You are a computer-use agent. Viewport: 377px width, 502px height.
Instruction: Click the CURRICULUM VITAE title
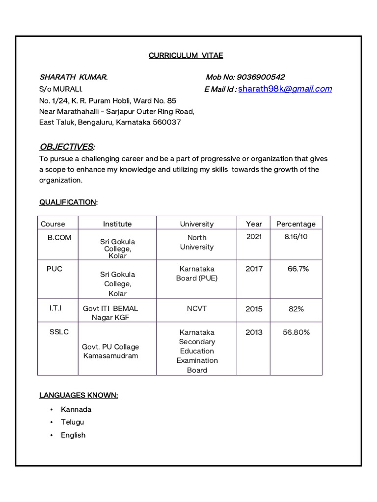coord(186,55)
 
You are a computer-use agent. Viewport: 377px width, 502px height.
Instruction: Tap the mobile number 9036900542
coord(261,77)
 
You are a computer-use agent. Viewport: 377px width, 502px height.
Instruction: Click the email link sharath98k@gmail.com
coord(285,89)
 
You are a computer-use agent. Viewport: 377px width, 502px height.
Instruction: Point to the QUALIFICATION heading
coord(68,202)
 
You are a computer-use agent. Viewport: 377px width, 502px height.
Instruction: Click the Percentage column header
coord(296,224)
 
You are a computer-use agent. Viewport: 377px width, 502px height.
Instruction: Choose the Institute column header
coord(117,224)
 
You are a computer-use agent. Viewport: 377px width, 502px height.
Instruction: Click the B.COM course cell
coord(59,237)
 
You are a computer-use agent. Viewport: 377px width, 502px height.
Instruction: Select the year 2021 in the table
coord(254,237)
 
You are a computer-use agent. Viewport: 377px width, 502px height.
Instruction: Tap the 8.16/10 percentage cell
coord(296,237)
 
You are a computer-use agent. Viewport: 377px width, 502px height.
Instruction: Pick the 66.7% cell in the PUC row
coord(298,269)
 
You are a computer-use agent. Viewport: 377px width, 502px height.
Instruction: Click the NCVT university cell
coord(197,308)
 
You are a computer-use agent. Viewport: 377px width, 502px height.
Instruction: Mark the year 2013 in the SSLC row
coord(254,332)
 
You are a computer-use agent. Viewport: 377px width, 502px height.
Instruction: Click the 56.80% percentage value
coord(296,332)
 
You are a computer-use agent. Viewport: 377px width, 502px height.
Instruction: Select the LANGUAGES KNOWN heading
coord(79,395)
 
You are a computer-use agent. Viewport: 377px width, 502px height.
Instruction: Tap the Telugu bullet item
coord(73,422)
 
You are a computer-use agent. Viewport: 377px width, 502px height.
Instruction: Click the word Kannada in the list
coord(76,409)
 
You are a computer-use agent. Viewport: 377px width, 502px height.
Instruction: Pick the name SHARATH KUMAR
coord(74,77)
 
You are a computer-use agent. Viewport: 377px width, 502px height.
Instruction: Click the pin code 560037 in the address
coord(166,122)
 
